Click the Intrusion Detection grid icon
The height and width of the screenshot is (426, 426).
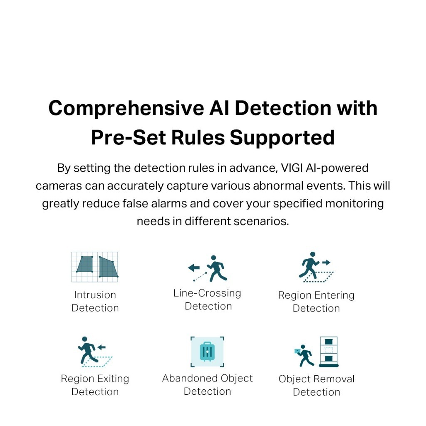coord(95,267)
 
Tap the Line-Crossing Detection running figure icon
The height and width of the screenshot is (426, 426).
coord(216,269)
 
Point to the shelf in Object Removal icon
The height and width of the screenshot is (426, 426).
coord(328,352)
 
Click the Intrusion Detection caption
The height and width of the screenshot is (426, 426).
coord(95,301)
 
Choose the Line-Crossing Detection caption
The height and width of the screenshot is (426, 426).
coord(208,300)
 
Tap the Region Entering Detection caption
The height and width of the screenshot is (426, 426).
coord(316,302)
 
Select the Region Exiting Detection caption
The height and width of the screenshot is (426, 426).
coord(95,385)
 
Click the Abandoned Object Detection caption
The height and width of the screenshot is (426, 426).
coord(207,385)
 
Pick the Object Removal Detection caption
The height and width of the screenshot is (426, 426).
coord(316,385)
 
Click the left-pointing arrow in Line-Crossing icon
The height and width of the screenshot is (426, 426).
coord(193,268)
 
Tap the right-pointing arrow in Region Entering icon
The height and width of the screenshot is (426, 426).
coord(326,263)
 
